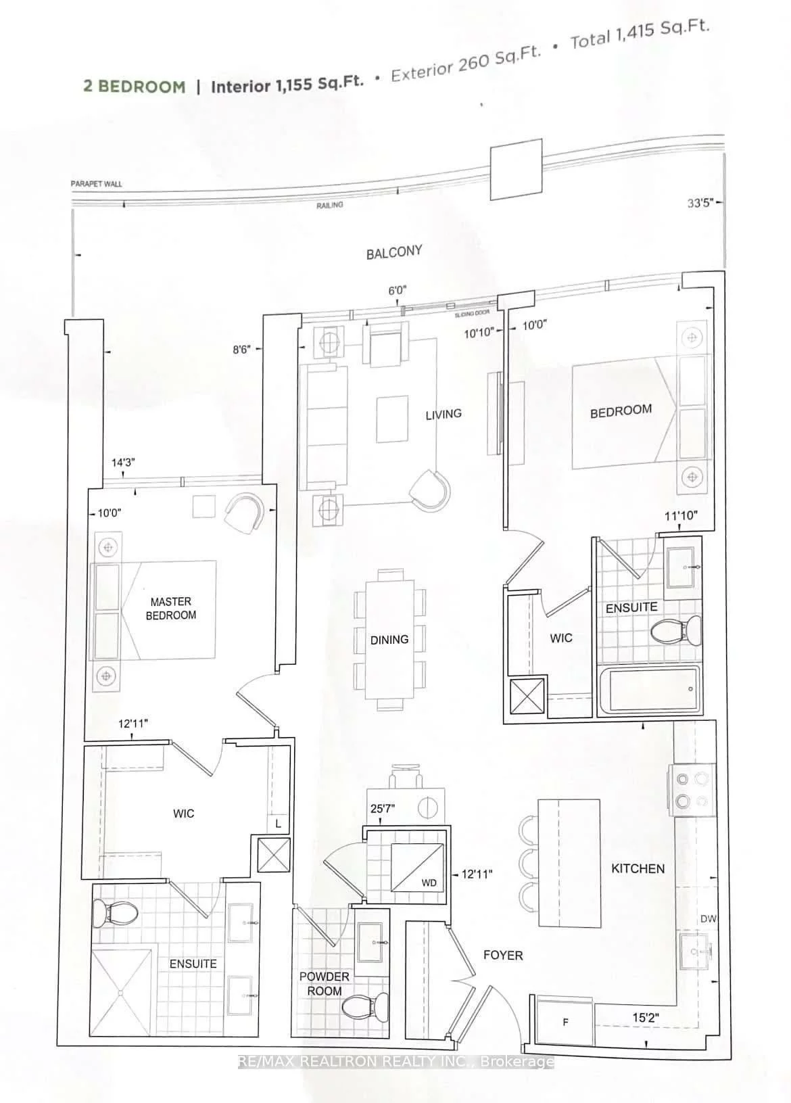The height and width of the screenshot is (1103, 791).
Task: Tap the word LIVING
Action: point(443,414)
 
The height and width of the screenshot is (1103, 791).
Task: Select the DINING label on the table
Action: point(389,639)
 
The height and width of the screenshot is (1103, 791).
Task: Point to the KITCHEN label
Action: point(638,868)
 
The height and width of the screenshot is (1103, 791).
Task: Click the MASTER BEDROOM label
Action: point(171,608)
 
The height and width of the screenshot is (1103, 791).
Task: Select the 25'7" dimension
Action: point(383,808)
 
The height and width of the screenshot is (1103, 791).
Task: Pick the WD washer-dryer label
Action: point(429,883)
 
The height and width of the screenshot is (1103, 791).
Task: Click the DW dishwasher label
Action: point(709,918)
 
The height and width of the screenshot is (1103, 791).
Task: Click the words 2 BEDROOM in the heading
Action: point(134,86)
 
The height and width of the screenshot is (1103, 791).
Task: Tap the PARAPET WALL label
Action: point(96,184)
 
